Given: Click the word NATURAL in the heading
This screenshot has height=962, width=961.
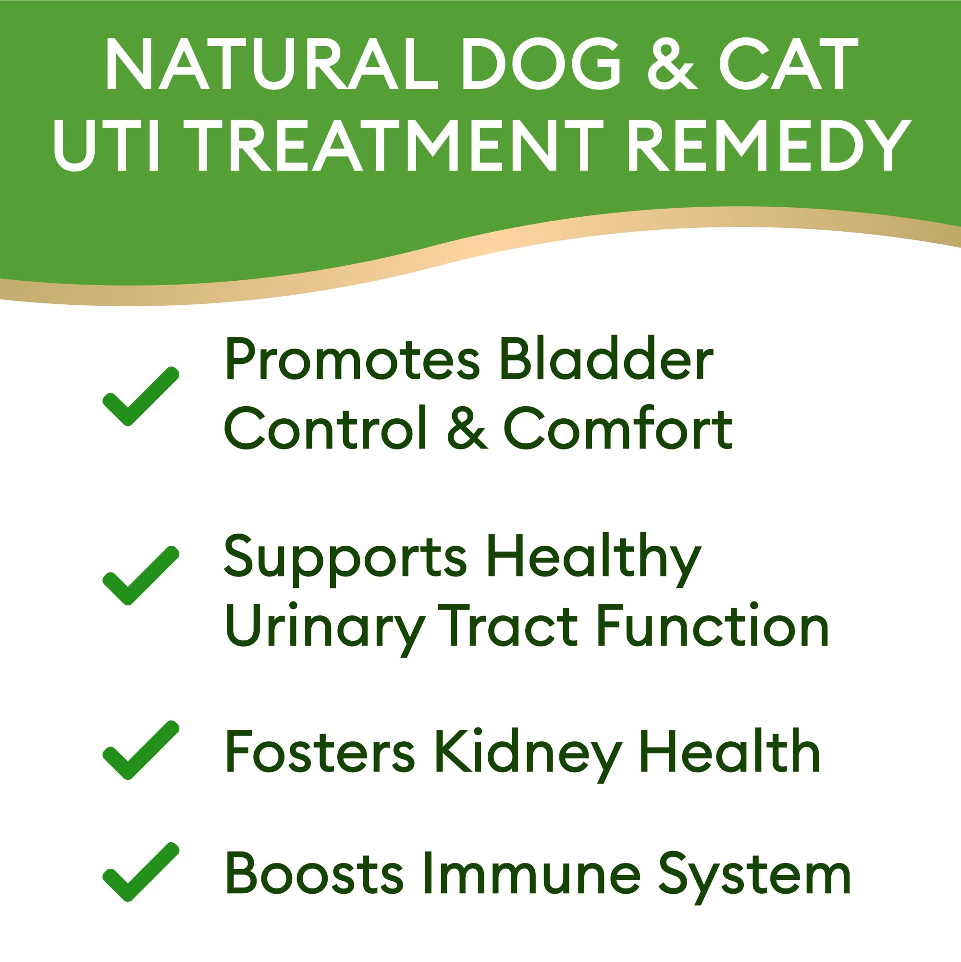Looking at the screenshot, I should (x=271, y=65).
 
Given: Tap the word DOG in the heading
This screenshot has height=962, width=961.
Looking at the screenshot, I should (x=542, y=65).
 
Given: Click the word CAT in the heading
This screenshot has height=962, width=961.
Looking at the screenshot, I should (x=788, y=65).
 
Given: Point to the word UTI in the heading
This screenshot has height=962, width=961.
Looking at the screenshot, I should (x=107, y=146).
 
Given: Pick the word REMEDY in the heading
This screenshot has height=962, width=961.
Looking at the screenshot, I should (x=769, y=146).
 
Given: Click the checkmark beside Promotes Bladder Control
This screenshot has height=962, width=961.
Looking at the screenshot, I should (x=140, y=396).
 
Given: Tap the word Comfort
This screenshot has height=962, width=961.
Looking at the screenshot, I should (x=617, y=428).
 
